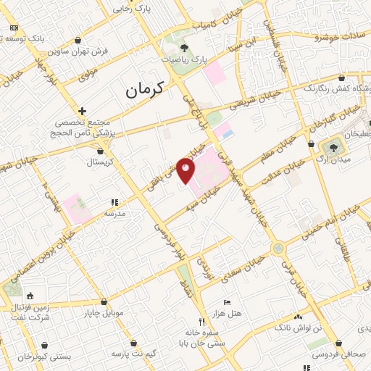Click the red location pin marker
click(187, 171)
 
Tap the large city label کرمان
click(145, 88)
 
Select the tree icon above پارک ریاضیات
click(184, 48)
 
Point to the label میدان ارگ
click(335, 159)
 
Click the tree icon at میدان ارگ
click(333, 147)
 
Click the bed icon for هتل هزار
click(227, 301)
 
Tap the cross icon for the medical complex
click(83, 111)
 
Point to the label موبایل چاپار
click(105, 313)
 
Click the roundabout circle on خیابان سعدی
click(278, 249)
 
